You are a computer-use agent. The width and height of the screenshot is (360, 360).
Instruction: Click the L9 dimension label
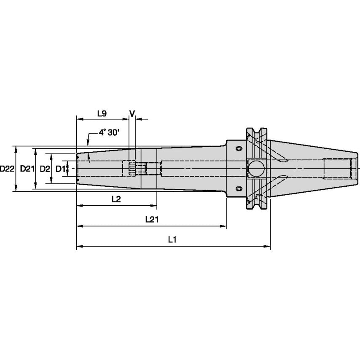(x=102, y=113)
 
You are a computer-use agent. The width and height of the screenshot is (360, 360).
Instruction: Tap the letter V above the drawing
(x=132, y=113)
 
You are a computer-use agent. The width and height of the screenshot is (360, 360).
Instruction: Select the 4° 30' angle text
(x=109, y=132)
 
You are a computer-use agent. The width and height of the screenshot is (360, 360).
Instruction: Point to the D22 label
(x=7, y=169)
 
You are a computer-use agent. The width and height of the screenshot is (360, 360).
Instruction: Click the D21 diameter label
(x=27, y=169)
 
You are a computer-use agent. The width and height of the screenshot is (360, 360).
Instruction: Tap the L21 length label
(x=151, y=220)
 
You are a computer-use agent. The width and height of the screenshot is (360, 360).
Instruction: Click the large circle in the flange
(x=255, y=169)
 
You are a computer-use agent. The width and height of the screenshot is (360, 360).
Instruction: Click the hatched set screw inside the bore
(x=132, y=169)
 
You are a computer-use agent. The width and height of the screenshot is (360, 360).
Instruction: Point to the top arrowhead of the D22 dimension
(x=16, y=149)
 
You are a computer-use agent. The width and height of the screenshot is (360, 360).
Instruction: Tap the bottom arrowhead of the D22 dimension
(x=16, y=189)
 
